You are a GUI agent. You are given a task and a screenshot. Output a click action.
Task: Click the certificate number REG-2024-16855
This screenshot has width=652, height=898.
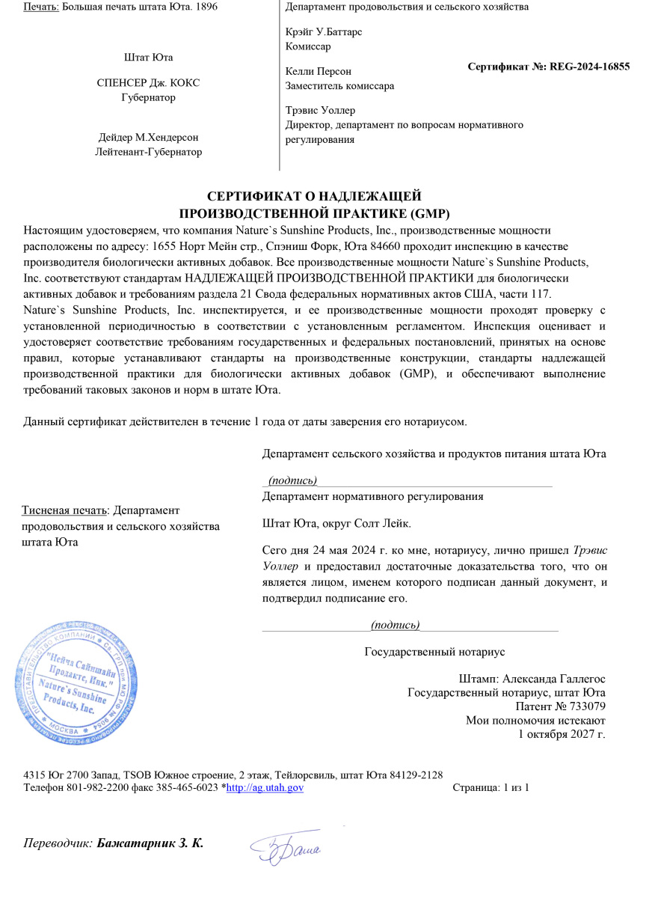(589, 67)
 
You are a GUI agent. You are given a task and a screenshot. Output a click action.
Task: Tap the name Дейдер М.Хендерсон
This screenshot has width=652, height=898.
(148, 138)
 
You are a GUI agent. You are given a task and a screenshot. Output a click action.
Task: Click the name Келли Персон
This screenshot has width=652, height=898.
(319, 71)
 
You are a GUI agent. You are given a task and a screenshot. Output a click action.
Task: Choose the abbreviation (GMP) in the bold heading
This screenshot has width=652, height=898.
(428, 213)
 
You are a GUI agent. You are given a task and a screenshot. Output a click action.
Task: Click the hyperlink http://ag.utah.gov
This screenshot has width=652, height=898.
(264, 787)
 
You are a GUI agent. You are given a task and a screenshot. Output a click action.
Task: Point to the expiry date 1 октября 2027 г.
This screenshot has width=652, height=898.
(562, 733)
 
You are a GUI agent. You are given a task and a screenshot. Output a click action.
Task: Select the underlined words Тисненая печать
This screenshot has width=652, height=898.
(64, 510)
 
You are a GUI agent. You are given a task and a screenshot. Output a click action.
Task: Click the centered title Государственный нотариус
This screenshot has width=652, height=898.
(434, 652)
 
